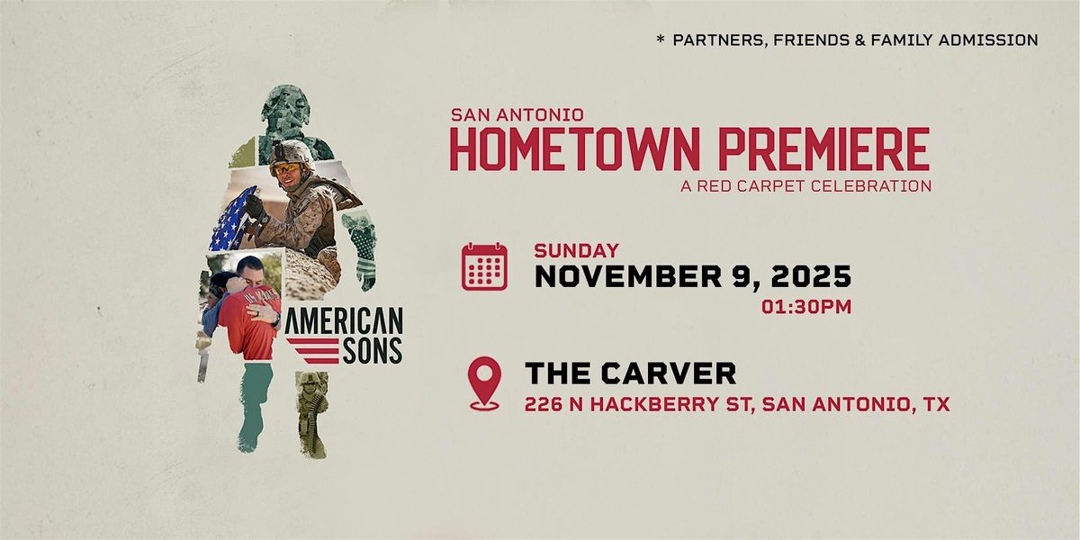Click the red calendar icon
pos(484,266)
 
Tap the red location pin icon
pos(484,383)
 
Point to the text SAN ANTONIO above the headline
pos(517,114)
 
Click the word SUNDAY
pos(576,251)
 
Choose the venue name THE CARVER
pos(630,373)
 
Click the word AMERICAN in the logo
pos(343,321)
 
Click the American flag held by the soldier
pos(231,221)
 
